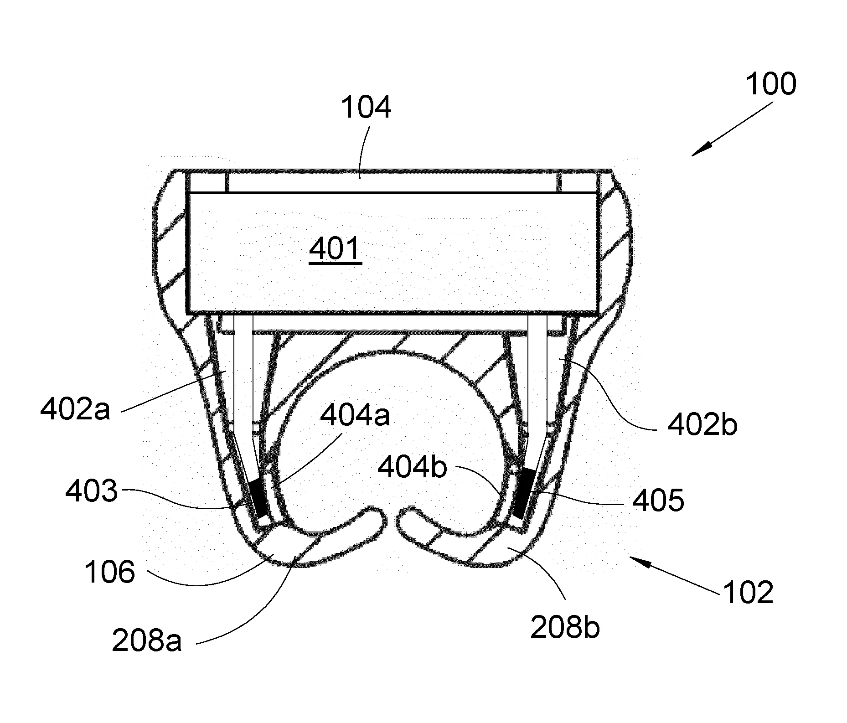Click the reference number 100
[771, 84]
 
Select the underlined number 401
[335, 249]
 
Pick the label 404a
[355, 415]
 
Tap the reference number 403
[92, 492]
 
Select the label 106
[110, 572]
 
